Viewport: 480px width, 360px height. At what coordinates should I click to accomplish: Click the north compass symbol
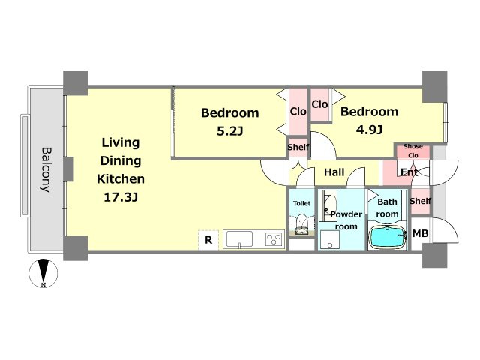[43, 273]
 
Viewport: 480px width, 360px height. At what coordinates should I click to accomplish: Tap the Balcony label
[46, 169]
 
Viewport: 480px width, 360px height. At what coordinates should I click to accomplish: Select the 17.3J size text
[121, 197]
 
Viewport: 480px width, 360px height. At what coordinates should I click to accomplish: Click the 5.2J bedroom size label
[230, 131]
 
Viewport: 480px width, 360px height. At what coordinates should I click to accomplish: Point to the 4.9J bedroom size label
[369, 130]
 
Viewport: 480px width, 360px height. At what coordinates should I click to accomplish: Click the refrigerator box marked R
[208, 240]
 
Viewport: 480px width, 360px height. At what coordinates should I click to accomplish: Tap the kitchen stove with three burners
[274, 238]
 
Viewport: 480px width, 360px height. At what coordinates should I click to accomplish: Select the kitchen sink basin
[239, 239]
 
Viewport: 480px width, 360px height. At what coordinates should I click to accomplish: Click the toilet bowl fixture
[301, 224]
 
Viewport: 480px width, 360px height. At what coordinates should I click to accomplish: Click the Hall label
[334, 172]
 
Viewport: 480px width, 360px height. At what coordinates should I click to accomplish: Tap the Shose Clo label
[413, 151]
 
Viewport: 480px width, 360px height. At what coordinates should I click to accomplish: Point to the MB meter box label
[420, 233]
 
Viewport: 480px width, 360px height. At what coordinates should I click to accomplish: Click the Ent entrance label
[409, 172]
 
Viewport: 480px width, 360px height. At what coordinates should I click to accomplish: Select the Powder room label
[346, 220]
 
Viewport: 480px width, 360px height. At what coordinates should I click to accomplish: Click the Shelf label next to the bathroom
[420, 201]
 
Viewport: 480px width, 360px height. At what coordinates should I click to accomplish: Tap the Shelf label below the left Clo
[298, 147]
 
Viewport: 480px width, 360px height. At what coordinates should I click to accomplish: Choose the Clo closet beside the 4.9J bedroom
[319, 104]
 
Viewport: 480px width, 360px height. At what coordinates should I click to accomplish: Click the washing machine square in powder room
[330, 240]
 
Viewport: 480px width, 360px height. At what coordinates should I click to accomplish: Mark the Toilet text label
[301, 203]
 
